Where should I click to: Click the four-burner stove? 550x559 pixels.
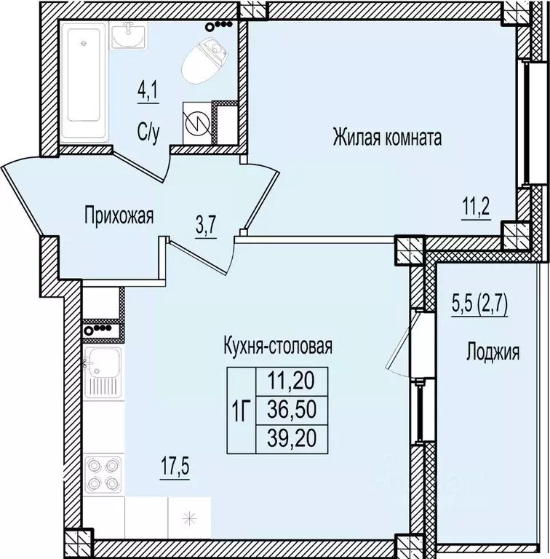point(103,473)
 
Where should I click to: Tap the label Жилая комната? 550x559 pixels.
point(388,137)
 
